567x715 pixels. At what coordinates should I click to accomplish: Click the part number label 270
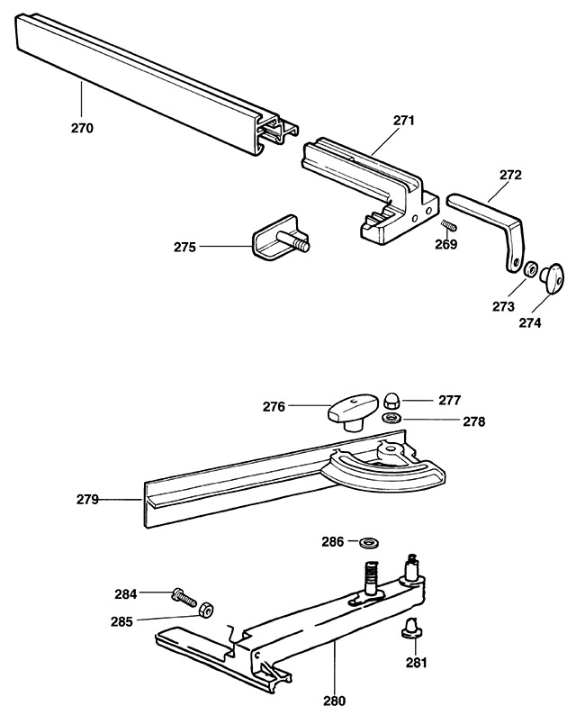pyautogui.click(x=82, y=128)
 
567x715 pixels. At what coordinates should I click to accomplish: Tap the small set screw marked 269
pyautogui.click(x=449, y=225)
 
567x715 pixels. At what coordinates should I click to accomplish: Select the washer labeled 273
pyautogui.click(x=529, y=268)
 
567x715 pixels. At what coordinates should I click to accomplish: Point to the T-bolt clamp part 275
pyautogui.click(x=279, y=239)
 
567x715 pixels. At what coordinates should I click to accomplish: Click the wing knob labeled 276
pyautogui.click(x=353, y=412)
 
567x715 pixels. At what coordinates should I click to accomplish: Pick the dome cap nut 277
pyautogui.click(x=392, y=402)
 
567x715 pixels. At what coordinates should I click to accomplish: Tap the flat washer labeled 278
pyautogui.click(x=391, y=417)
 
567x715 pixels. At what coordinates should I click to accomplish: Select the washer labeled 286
pyautogui.click(x=369, y=543)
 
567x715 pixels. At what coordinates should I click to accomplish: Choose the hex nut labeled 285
pyautogui.click(x=206, y=609)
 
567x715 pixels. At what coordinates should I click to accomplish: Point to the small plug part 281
pyautogui.click(x=412, y=628)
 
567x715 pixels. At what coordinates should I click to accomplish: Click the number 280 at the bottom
pyautogui.click(x=335, y=700)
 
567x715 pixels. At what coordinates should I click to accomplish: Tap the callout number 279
pyautogui.click(x=87, y=500)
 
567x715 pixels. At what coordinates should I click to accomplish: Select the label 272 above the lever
pyautogui.click(x=510, y=175)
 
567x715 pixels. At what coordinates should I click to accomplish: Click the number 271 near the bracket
pyautogui.click(x=404, y=121)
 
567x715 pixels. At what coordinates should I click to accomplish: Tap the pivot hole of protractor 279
pyautogui.click(x=391, y=449)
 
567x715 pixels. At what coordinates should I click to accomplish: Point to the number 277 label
pyautogui.click(x=450, y=401)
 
